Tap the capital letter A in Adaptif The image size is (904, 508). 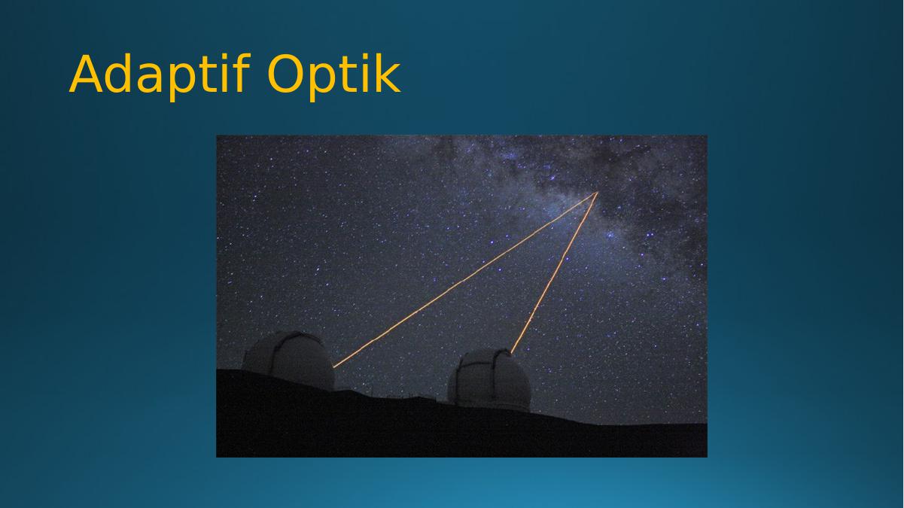86,74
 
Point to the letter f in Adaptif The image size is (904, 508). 242,73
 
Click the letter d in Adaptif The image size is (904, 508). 118,74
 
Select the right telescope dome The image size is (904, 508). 489,380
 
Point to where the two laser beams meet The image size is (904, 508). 597,193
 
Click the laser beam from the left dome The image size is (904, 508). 465,280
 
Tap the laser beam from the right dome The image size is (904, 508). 554,272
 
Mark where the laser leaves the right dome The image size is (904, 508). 511,353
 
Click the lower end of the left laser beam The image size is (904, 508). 334,367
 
